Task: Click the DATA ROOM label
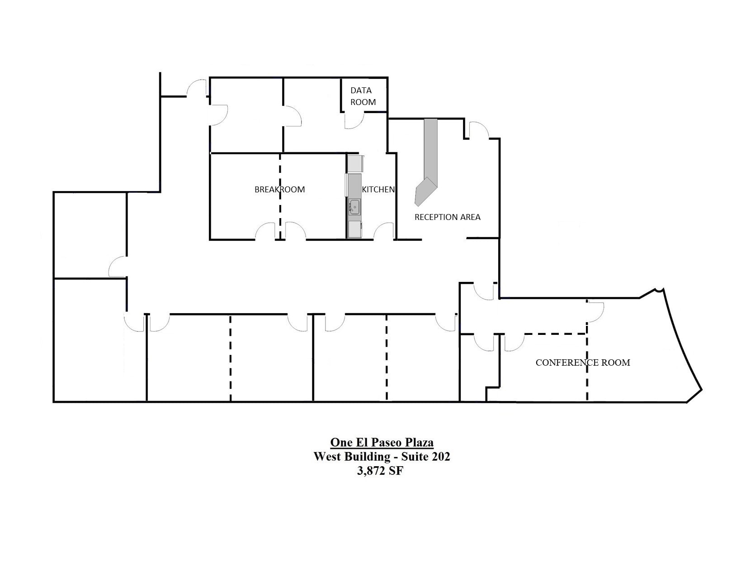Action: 363,96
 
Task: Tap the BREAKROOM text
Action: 279,189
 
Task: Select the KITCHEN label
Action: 378,190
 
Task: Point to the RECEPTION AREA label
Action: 447,217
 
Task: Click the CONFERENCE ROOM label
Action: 582,362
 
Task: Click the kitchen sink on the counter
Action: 354,207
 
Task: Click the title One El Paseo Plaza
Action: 382,442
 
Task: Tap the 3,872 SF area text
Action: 380,471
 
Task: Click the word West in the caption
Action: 327,456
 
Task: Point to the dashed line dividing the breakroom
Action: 280,195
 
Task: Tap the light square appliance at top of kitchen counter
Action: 355,163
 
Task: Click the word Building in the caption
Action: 367,456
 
